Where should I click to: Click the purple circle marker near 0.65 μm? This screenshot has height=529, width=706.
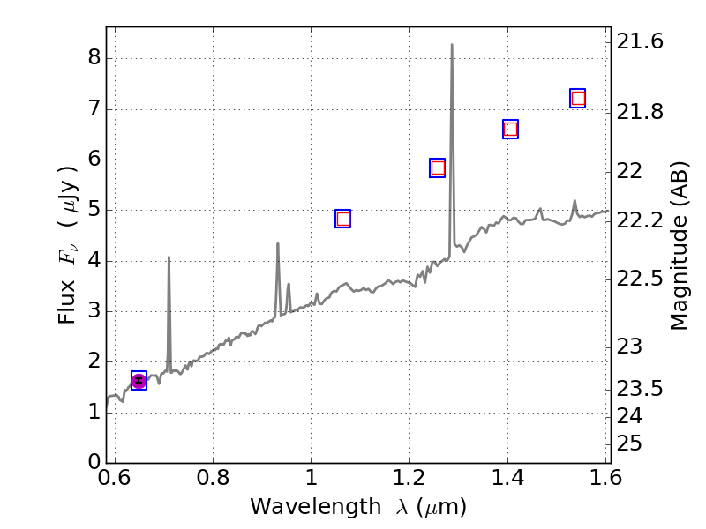tap(139, 380)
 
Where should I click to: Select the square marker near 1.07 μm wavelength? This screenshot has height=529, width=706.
tap(343, 219)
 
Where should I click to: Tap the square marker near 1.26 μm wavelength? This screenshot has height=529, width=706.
tap(438, 168)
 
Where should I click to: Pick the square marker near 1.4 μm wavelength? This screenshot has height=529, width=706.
tap(510, 129)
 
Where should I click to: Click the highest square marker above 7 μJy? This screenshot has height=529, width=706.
tap(578, 98)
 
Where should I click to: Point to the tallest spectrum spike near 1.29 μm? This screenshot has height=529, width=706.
tap(452, 45)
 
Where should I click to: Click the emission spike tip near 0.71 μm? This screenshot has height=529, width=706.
tap(169, 257)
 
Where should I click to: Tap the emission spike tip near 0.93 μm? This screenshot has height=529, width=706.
tap(278, 243)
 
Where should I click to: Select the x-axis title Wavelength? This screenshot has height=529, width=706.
tap(358, 507)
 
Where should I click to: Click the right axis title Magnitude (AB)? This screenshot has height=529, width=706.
tap(679, 246)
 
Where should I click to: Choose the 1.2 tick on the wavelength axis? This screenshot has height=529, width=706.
tap(409, 477)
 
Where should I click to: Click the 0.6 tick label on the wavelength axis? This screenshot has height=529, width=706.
tap(115, 477)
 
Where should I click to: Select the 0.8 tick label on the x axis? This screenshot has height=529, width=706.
tap(213, 477)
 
